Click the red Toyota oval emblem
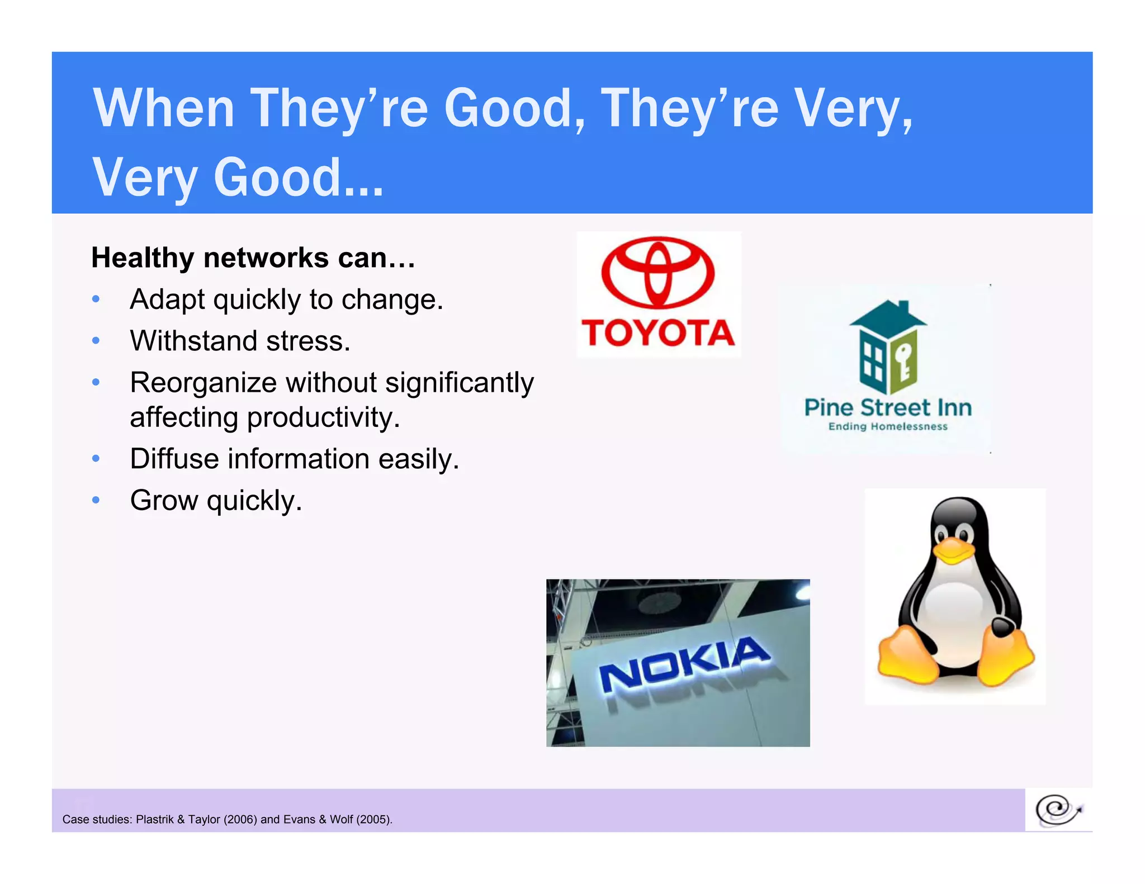(x=658, y=272)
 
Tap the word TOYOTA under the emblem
(x=658, y=333)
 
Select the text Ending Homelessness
(x=888, y=427)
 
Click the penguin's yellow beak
(x=954, y=550)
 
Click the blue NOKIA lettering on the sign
(x=685, y=665)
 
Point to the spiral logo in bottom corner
(x=1057, y=810)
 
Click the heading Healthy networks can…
(x=253, y=258)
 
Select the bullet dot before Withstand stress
(x=96, y=341)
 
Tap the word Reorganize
(x=204, y=383)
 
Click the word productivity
(x=323, y=418)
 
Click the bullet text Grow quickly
(x=216, y=501)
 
